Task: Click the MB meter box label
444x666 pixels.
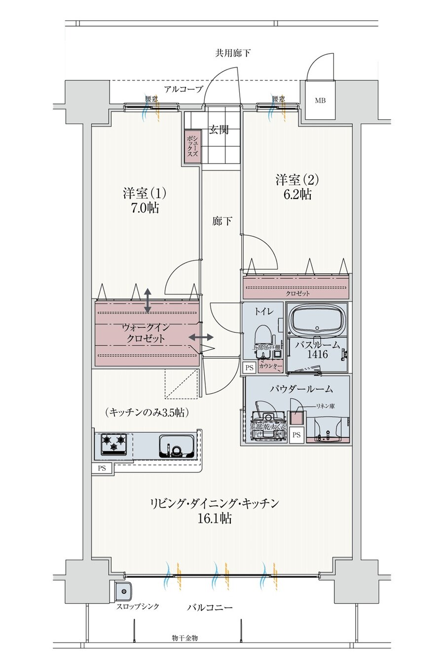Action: [x=320, y=101]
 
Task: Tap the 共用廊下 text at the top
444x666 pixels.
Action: [x=232, y=53]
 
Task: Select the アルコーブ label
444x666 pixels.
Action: [x=183, y=89]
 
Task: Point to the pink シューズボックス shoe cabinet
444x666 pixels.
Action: [x=192, y=146]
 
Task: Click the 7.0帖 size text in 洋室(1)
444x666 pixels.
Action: [x=145, y=208]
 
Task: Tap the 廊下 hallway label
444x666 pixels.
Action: [x=222, y=222]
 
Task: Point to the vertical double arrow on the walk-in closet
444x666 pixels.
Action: [x=148, y=300]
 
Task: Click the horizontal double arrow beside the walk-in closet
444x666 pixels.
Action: [x=201, y=337]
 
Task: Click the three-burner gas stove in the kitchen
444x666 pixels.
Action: [x=114, y=443]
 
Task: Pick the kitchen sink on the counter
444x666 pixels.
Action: [x=176, y=445]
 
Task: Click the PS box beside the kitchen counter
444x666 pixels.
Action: [x=102, y=468]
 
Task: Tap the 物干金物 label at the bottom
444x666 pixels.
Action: [x=185, y=638]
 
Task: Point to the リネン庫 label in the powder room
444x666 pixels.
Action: [x=325, y=406]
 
